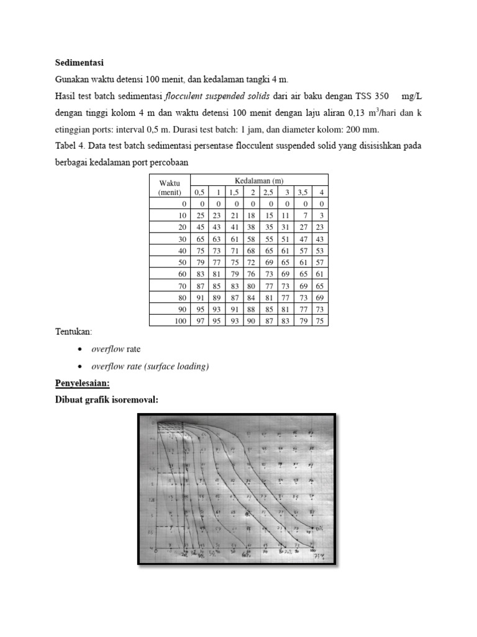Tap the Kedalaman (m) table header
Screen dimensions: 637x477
point(259,180)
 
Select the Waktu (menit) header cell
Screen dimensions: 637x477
point(169,187)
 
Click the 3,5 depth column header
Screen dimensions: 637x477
point(304,192)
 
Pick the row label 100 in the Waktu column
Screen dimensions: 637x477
point(179,320)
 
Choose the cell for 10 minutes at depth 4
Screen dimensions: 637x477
point(321,215)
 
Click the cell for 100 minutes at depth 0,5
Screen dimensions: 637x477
point(200,320)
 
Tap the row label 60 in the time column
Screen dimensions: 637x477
point(181,274)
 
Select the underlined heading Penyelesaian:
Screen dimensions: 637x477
point(82,384)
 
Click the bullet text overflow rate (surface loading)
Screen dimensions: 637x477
point(150,366)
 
